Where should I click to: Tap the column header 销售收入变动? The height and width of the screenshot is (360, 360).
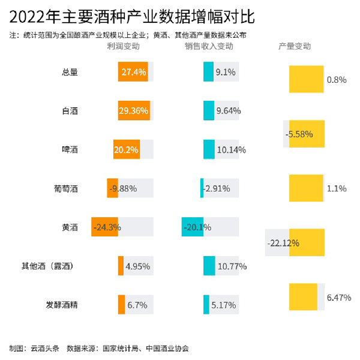209,46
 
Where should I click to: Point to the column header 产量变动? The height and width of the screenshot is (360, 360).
295,46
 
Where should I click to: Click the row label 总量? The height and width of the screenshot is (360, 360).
70,72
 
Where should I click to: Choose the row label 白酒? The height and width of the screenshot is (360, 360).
70,111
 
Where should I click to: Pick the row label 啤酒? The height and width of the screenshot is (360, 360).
70,149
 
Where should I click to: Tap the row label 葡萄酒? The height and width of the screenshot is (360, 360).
66,188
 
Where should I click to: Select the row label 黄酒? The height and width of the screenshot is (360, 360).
70,227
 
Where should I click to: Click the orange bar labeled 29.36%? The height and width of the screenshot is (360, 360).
134,111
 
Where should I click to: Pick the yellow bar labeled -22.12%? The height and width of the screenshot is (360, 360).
307,242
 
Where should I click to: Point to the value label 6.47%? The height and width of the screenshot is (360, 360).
339,297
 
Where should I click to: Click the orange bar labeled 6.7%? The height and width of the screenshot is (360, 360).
121,304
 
